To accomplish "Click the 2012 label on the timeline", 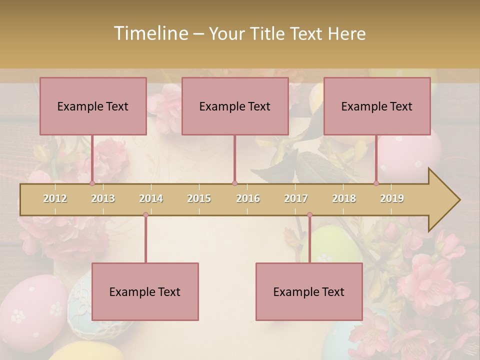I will pos(55,198).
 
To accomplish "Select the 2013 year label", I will pos(103,198).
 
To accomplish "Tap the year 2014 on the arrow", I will pos(151,198).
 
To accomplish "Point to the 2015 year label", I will pos(199,198).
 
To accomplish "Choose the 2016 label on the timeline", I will pos(248,198).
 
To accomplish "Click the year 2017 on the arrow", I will pos(296,198).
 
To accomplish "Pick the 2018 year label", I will pos(344,198).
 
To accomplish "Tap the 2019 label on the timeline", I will pos(392,198).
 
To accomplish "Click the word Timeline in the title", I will pos(150,33).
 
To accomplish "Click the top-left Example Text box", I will pos(93,106).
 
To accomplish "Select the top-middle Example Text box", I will pos(235,106).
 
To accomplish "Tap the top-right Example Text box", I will pos(377,106).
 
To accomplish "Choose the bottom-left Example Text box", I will pos(145,291).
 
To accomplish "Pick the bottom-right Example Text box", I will pos(309,291).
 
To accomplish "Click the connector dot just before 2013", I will pos(92,183).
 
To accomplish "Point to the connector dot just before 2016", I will pos(234,183).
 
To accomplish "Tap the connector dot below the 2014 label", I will pos(145,215).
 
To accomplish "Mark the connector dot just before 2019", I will pos(376,183).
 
